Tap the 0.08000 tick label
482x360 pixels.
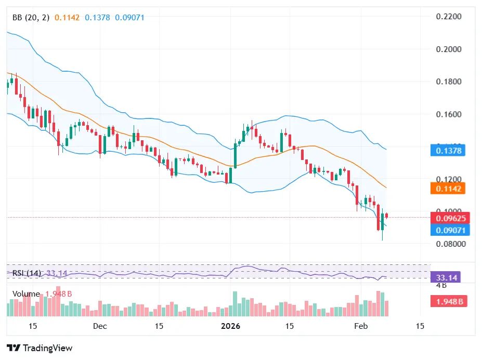click(x=449, y=244)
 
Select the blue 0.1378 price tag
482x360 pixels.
click(x=448, y=151)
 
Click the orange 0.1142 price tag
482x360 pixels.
click(x=448, y=188)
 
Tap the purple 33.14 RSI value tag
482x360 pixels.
click(x=447, y=277)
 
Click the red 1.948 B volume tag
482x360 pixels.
click(x=448, y=301)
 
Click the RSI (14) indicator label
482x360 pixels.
click(x=27, y=273)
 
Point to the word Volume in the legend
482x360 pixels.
click(x=26, y=294)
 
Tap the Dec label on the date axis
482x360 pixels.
click(x=100, y=326)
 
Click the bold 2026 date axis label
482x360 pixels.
click(x=230, y=326)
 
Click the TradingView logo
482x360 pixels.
click(x=40, y=348)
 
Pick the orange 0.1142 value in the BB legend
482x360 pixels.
click(x=70, y=18)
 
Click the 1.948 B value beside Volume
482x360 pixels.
click(x=59, y=294)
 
